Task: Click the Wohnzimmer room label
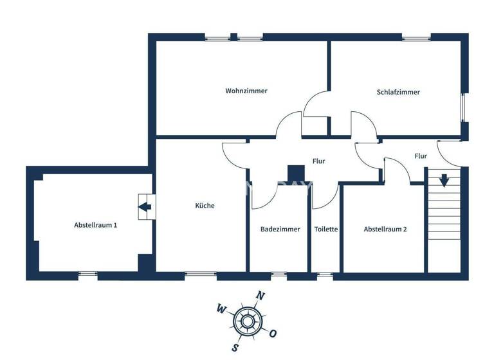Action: point(246,91)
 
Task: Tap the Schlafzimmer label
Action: point(398,92)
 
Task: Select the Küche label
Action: point(205,206)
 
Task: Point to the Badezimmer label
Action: point(280,229)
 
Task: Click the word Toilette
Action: point(326,229)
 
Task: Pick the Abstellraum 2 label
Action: point(385,229)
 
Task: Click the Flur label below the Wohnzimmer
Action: point(318,161)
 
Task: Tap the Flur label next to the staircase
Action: point(421,156)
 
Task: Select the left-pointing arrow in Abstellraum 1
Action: point(144,207)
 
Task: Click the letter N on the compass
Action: point(261,296)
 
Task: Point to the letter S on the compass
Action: point(236,348)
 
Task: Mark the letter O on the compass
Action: point(273,334)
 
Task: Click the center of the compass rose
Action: point(247,321)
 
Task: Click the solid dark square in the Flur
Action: point(296,174)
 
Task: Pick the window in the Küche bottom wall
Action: point(200,275)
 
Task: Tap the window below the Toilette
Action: point(325,275)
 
